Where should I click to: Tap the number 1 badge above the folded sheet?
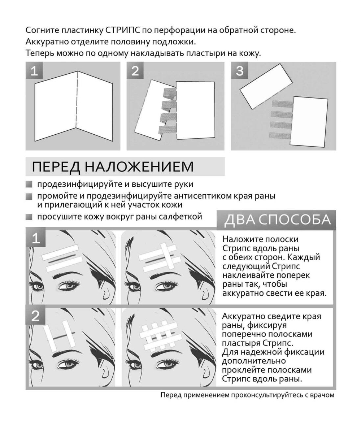point(34,71)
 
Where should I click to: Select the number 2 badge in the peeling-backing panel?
point(135,71)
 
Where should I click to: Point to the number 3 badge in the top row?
point(240,71)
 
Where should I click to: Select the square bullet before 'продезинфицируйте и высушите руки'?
point(29,184)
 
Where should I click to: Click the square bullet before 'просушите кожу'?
point(29,217)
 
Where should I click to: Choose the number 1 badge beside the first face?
point(36,239)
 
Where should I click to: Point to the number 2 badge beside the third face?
point(36,316)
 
